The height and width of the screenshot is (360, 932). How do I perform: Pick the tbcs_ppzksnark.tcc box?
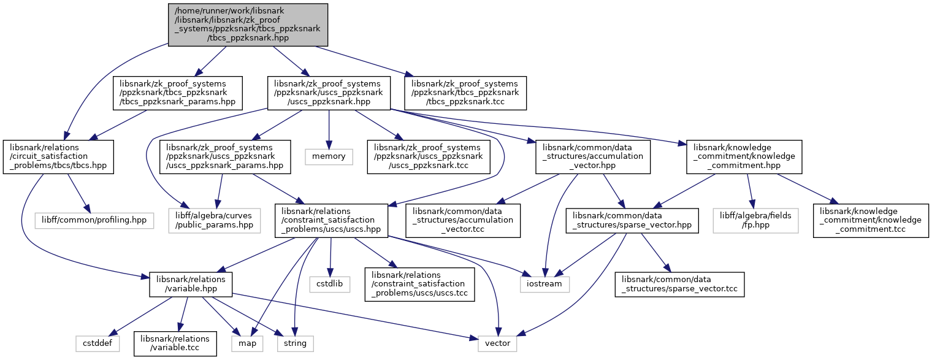pos(465,93)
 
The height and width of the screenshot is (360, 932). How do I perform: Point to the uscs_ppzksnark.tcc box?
pos(429,156)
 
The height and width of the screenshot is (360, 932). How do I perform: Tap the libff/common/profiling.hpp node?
pos(94,220)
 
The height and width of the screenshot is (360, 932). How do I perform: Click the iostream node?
pos(545,284)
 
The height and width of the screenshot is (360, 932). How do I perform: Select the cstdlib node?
pos(330,284)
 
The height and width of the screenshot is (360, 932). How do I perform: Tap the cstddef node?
pos(94,343)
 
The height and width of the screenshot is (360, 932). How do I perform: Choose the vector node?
pos(497,343)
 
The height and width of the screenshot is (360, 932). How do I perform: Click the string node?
pos(295,343)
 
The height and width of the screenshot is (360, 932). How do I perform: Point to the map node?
pos(248,343)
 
